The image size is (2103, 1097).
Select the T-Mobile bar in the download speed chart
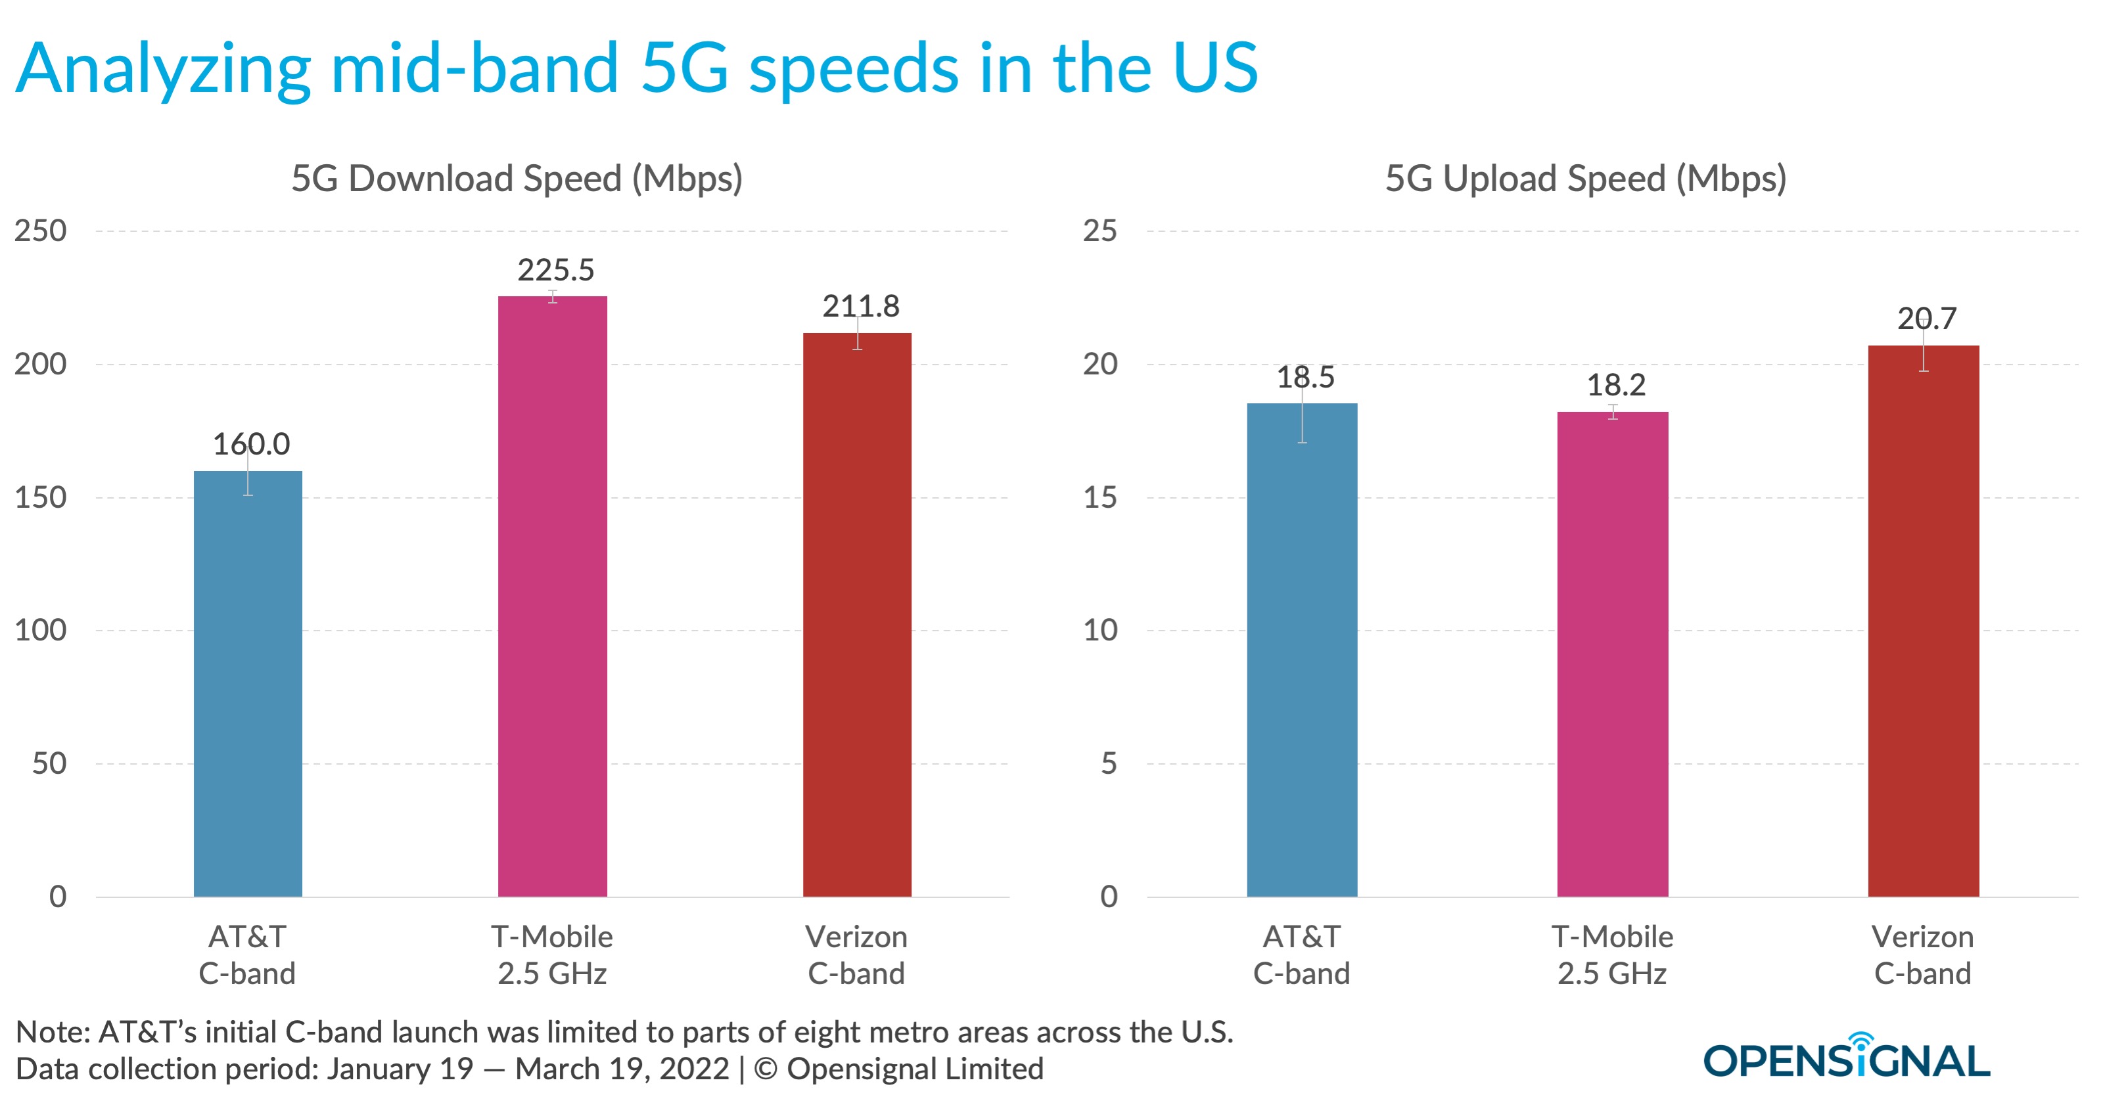point(552,596)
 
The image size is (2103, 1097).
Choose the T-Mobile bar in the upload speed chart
point(1611,654)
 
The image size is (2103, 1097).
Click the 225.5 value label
point(556,270)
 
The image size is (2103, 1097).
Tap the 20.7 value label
point(1927,319)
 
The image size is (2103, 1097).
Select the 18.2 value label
point(1615,385)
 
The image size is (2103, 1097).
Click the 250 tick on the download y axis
point(41,231)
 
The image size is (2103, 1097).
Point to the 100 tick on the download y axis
point(41,630)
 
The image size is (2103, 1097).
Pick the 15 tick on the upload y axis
point(1099,497)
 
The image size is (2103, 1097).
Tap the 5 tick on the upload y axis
point(1108,763)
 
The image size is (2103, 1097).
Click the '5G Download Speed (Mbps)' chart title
point(517,179)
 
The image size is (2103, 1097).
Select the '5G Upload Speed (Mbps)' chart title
point(1585,179)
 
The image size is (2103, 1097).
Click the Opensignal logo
point(1846,1059)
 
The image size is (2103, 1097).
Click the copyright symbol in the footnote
point(765,1069)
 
